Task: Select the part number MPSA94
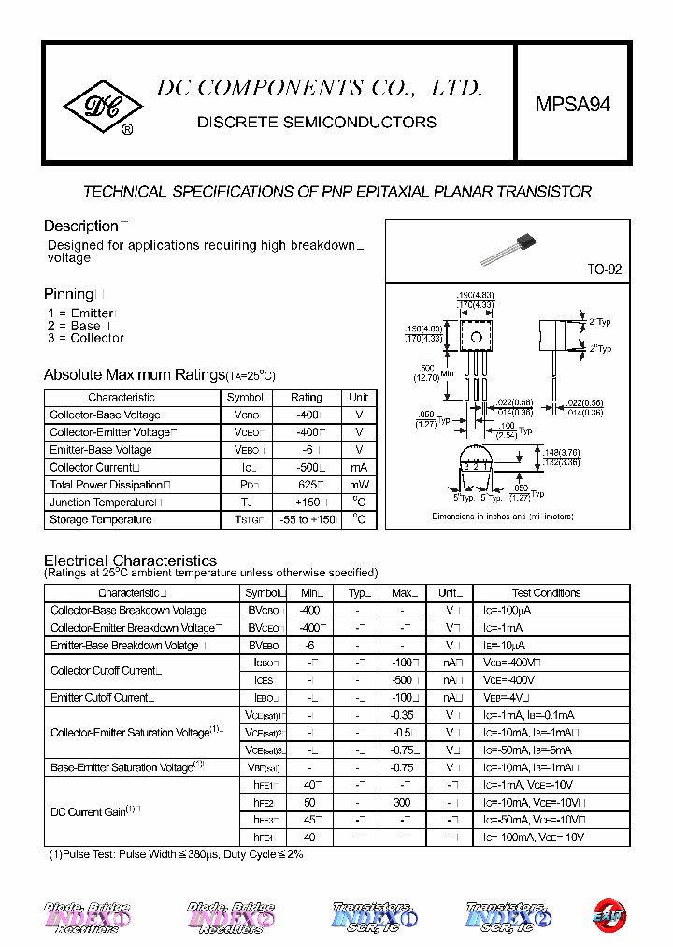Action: (x=573, y=105)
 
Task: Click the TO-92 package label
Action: (x=604, y=269)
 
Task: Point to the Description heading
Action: (x=80, y=226)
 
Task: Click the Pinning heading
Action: (x=69, y=294)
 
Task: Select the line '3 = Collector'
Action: (x=85, y=339)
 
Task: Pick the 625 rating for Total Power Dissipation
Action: (x=306, y=485)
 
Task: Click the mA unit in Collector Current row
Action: (x=359, y=467)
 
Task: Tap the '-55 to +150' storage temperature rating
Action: (x=306, y=520)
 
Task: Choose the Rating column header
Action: (x=306, y=398)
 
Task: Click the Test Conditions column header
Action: (x=546, y=592)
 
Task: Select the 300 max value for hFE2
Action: (x=403, y=802)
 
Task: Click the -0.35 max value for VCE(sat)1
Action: (x=403, y=715)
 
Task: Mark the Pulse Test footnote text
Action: (x=176, y=854)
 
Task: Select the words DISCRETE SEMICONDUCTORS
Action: (x=316, y=123)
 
